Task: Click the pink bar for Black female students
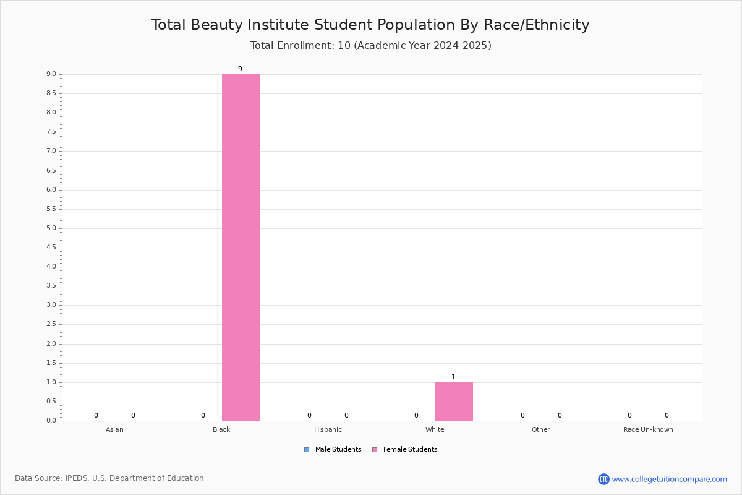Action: pos(241,247)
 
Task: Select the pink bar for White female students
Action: pos(454,402)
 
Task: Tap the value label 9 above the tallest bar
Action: pos(240,69)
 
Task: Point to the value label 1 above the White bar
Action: pos(453,377)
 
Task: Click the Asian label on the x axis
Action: pos(114,429)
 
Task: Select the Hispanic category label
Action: pos(328,429)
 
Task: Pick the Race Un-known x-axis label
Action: pos(648,429)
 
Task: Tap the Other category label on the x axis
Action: pos(540,429)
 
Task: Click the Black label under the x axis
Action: pos(221,429)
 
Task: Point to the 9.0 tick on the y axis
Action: pos(51,74)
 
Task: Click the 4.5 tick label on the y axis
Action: pos(51,247)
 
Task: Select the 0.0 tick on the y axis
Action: pos(51,420)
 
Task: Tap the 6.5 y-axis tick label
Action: pos(51,170)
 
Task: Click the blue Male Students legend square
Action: pos(307,450)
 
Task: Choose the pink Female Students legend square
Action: pos(375,450)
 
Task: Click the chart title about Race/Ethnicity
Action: pos(370,25)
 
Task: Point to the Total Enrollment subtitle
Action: pos(370,45)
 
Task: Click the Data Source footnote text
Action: pos(109,478)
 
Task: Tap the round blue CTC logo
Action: pos(603,479)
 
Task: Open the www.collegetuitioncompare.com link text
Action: pos(669,479)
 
